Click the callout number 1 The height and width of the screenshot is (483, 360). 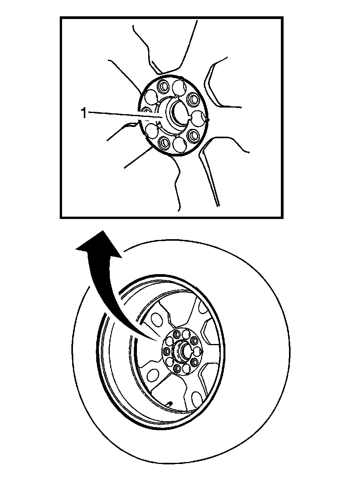click(x=83, y=113)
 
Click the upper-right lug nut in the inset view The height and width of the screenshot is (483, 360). click(x=192, y=99)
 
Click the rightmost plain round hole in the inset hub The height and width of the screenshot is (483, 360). click(x=199, y=117)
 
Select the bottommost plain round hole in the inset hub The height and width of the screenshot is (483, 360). click(x=180, y=145)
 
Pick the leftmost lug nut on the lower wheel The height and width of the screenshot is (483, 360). click(x=167, y=352)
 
